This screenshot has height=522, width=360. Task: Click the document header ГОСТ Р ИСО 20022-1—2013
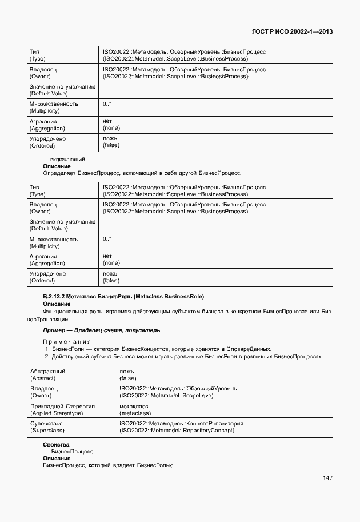pos(291,32)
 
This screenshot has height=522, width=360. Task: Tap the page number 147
pos(327,478)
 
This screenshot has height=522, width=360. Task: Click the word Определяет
pos(59,173)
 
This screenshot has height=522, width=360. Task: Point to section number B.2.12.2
pos(56,297)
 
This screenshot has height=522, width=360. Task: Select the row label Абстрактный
pos(47,371)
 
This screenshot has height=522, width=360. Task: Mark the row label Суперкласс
pos(46,424)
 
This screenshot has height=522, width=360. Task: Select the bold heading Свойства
pos(56,444)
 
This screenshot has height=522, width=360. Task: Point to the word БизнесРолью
pos(155,465)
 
